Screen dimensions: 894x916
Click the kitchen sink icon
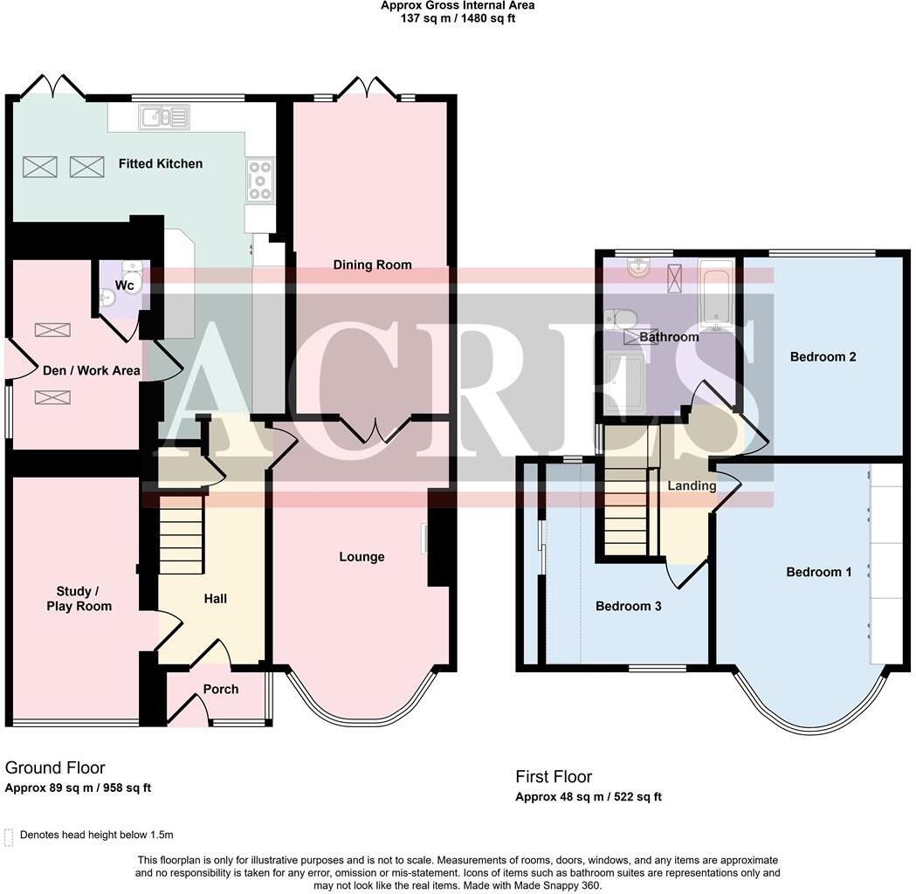pyautogui.click(x=162, y=116)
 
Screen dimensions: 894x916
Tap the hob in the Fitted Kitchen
pyautogui.click(x=259, y=180)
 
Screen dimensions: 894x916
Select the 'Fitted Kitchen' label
pyautogui.click(x=161, y=163)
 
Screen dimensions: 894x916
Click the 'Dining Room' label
pyautogui.click(x=372, y=265)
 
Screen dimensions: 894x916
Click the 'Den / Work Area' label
pyautogui.click(x=92, y=370)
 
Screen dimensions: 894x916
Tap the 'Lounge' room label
pyautogui.click(x=362, y=557)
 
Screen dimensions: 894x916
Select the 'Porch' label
pyautogui.click(x=221, y=689)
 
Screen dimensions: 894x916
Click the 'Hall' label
pyautogui.click(x=216, y=598)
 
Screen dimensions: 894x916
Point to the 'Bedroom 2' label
pyautogui.click(x=823, y=356)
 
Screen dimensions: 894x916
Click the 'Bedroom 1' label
pyautogui.click(x=819, y=572)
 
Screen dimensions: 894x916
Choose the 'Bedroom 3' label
pyautogui.click(x=628, y=606)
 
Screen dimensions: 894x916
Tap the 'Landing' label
pyautogui.click(x=692, y=485)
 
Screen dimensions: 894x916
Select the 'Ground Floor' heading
pyautogui.click(x=55, y=767)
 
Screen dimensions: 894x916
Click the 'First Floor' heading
pyautogui.click(x=554, y=776)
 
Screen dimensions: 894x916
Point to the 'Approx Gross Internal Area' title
pyautogui.click(x=458, y=5)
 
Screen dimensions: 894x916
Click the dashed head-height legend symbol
pyautogui.click(x=10, y=836)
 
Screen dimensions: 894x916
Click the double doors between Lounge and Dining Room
pyautogui.click(x=375, y=430)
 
